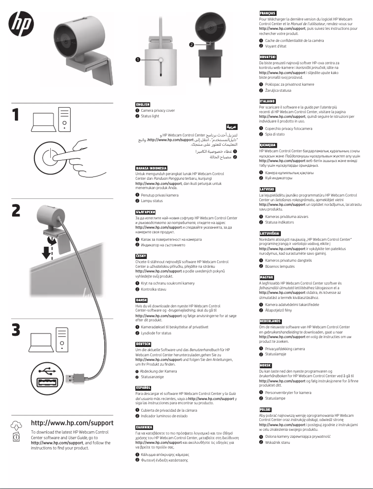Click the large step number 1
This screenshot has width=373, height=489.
(x=16, y=120)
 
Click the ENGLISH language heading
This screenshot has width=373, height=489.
(x=142, y=105)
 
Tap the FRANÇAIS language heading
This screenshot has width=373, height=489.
(x=268, y=13)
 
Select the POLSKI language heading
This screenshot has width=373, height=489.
(x=266, y=409)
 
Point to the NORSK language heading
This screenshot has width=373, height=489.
(x=266, y=366)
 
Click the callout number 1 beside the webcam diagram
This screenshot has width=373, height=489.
(x=138, y=60)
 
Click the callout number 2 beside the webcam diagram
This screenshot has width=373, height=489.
(x=191, y=45)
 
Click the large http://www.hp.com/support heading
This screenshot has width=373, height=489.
(x=72, y=423)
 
